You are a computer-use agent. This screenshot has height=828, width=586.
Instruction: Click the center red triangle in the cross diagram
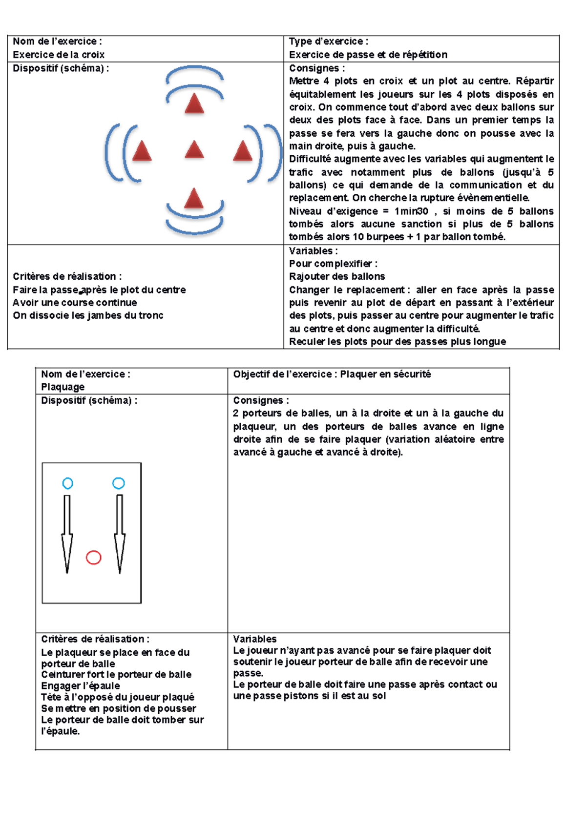(194, 150)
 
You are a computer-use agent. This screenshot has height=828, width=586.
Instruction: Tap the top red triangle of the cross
(194, 104)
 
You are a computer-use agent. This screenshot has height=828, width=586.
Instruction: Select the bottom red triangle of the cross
(194, 199)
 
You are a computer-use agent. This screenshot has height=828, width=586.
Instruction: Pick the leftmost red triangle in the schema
(142, 151)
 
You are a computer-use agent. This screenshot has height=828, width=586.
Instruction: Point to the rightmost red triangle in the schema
(243, 151)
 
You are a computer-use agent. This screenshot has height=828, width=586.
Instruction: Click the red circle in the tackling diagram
(93, 557)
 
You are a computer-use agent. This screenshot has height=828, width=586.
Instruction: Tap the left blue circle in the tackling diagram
(68, 483)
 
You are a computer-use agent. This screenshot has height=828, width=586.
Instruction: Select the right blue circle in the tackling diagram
(119, 483)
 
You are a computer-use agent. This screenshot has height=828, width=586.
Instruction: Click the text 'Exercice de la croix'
(59, 55)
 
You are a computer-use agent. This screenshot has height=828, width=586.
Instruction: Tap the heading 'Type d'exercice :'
(329, 41)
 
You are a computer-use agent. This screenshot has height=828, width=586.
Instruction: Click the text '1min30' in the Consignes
(411, 211)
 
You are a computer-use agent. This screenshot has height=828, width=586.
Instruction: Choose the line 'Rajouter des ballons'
(337, 277)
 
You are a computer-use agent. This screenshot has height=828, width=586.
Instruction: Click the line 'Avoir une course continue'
(75, 303)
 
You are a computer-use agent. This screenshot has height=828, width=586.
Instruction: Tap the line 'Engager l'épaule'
(80, 686)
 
